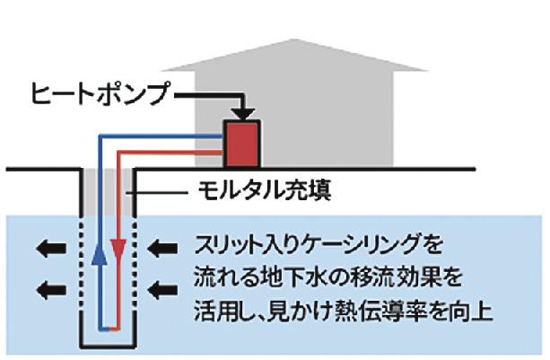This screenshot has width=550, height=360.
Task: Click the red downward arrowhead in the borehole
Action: click(x=117, y=245)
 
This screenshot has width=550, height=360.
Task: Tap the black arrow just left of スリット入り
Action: click(x=158, y=244)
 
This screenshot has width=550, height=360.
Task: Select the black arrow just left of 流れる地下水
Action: click(x=158, y=288)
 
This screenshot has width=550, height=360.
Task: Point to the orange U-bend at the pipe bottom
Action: click(x=109, y=329)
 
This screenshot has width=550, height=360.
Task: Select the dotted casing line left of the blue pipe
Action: click(x=85, y=269)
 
